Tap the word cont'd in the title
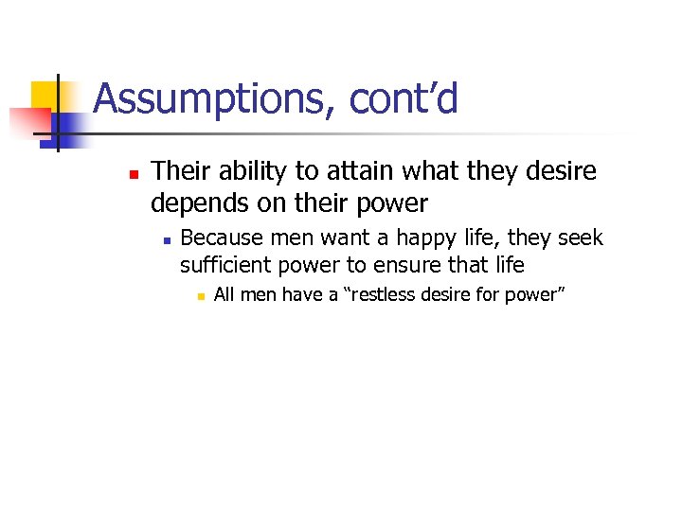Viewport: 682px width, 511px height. [x=404, y=98]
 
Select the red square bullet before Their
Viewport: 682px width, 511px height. [x=134, y=175]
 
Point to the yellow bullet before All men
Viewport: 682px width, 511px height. [x=199, y=296]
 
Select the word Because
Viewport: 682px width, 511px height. [x=219, y=238]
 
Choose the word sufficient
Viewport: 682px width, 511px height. [x=222, y=265]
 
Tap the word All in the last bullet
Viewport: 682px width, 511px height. [x=224, y=295]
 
